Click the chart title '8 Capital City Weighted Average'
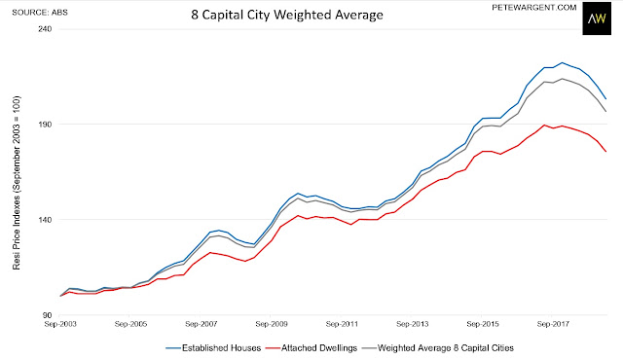[x=287, y=15]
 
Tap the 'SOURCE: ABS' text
[x=40, y=13]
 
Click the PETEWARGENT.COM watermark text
[x=534, y=8]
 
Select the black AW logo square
[x=597, y=18]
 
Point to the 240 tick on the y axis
[x=46, y=29]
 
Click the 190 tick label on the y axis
[x=46, y=125]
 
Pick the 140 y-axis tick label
[x=46, y=220]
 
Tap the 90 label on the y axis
[x=48, y=315]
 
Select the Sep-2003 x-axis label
[x=60, y=324]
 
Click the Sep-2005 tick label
[x=130, y=324]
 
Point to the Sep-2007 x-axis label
[x=202, y=324]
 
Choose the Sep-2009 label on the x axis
[x=272, y=324]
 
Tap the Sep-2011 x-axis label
[x=342, y=324]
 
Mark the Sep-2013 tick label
[x=413, y=324]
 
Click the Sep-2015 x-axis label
[x=483, y=324]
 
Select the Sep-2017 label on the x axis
[x=553, y=324]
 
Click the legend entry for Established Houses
[x=213, y=348]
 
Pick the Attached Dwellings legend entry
[x=311, y=348]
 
